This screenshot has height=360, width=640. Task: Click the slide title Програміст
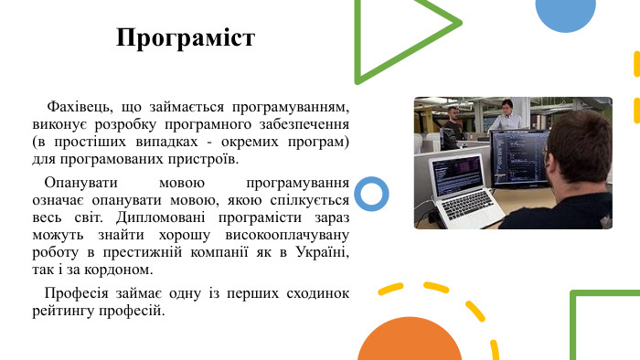tap(186, 38)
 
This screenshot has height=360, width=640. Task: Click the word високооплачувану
tap(284, 235)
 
